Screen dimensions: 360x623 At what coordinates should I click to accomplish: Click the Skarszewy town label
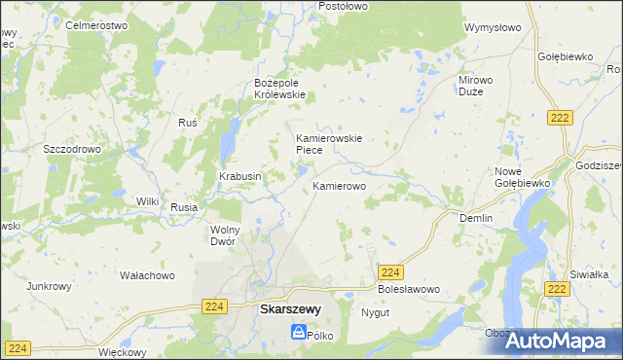(289, 310)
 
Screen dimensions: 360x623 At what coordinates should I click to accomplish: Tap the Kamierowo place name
(339, 185)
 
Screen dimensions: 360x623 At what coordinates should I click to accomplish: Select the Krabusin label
(239, 176)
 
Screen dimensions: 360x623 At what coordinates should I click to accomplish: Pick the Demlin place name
(476, 219)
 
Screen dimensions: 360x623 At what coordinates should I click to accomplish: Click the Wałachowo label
(147, 276)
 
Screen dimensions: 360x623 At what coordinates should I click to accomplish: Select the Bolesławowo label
(409, 290)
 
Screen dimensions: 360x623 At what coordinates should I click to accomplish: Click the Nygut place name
(375, 313)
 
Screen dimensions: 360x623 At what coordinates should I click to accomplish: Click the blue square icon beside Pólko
(297, 333)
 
